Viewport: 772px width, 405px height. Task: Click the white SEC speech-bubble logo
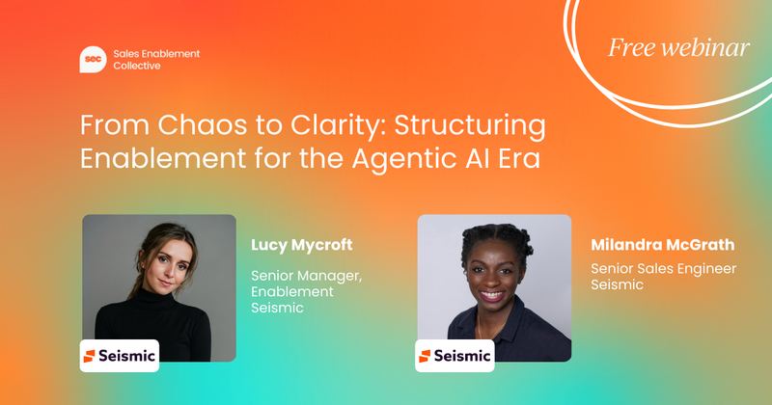[92, 60]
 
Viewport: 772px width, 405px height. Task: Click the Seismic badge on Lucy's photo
[119, 355]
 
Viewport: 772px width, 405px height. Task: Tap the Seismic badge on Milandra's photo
[455, 356]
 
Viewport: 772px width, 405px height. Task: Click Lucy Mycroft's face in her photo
[153, 265]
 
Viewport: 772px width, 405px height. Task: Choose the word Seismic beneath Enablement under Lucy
[278, 308]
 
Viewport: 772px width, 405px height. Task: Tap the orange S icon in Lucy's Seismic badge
[90, 356]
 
